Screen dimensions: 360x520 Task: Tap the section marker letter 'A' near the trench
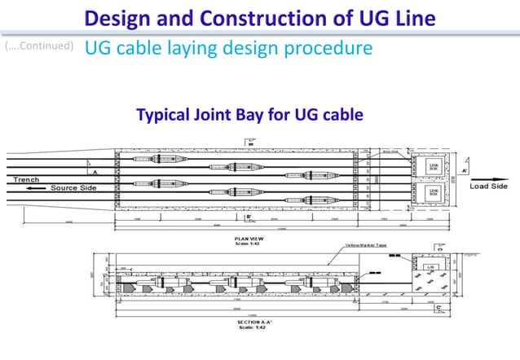pos(97,172)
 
